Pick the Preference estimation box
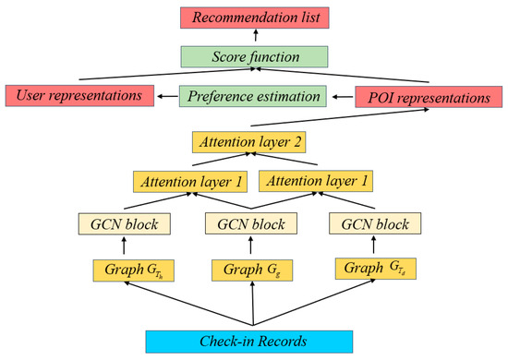coord(253,95)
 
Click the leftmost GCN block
coord(129,224)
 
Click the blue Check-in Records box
coord(253,341)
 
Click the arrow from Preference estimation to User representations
coord(166,94)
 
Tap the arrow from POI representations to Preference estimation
coord(341,94)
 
